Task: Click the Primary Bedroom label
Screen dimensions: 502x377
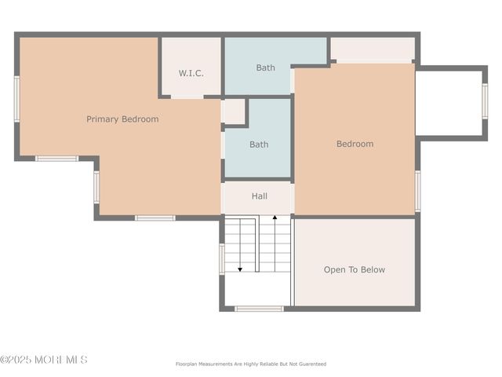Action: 122,119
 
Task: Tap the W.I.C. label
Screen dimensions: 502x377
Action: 191,73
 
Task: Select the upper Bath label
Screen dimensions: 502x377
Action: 265,68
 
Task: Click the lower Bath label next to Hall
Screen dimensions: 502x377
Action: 259,145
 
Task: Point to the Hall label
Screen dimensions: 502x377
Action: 260,196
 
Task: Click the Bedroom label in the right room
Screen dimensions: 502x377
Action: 355,144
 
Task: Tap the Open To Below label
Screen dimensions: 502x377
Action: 355,269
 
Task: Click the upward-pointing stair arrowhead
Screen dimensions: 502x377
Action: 275,218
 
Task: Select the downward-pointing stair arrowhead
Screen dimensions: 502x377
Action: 240,269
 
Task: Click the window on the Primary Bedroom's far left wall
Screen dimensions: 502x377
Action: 16,99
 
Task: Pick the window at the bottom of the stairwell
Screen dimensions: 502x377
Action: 259,309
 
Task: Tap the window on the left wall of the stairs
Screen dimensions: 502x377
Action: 222,258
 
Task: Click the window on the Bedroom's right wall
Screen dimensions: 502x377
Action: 417,191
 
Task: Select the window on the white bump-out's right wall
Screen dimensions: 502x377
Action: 485,101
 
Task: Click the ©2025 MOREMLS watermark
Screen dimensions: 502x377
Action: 44,360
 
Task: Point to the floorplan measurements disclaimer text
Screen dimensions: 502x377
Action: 251,364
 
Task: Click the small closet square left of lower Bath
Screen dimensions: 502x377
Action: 233,112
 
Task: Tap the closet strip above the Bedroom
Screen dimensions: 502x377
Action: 373,50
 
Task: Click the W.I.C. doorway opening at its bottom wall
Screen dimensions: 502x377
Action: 187,97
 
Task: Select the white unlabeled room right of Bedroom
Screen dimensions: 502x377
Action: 449,103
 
